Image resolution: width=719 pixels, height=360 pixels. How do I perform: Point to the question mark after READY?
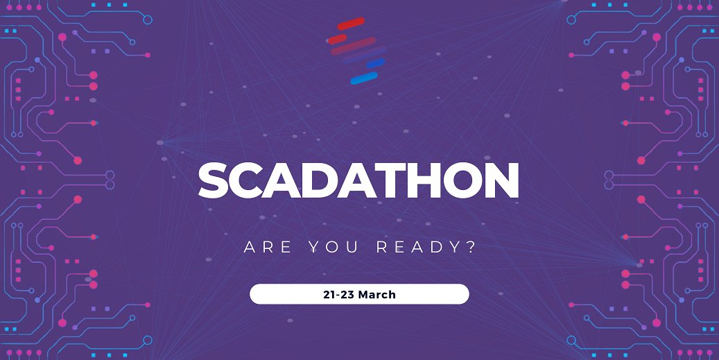coord(471,248)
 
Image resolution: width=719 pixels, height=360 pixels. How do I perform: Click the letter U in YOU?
coord(354,248)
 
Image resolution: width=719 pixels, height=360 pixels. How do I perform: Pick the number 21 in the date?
coord(329,294)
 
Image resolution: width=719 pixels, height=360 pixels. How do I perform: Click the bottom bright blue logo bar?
coord(363,78)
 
